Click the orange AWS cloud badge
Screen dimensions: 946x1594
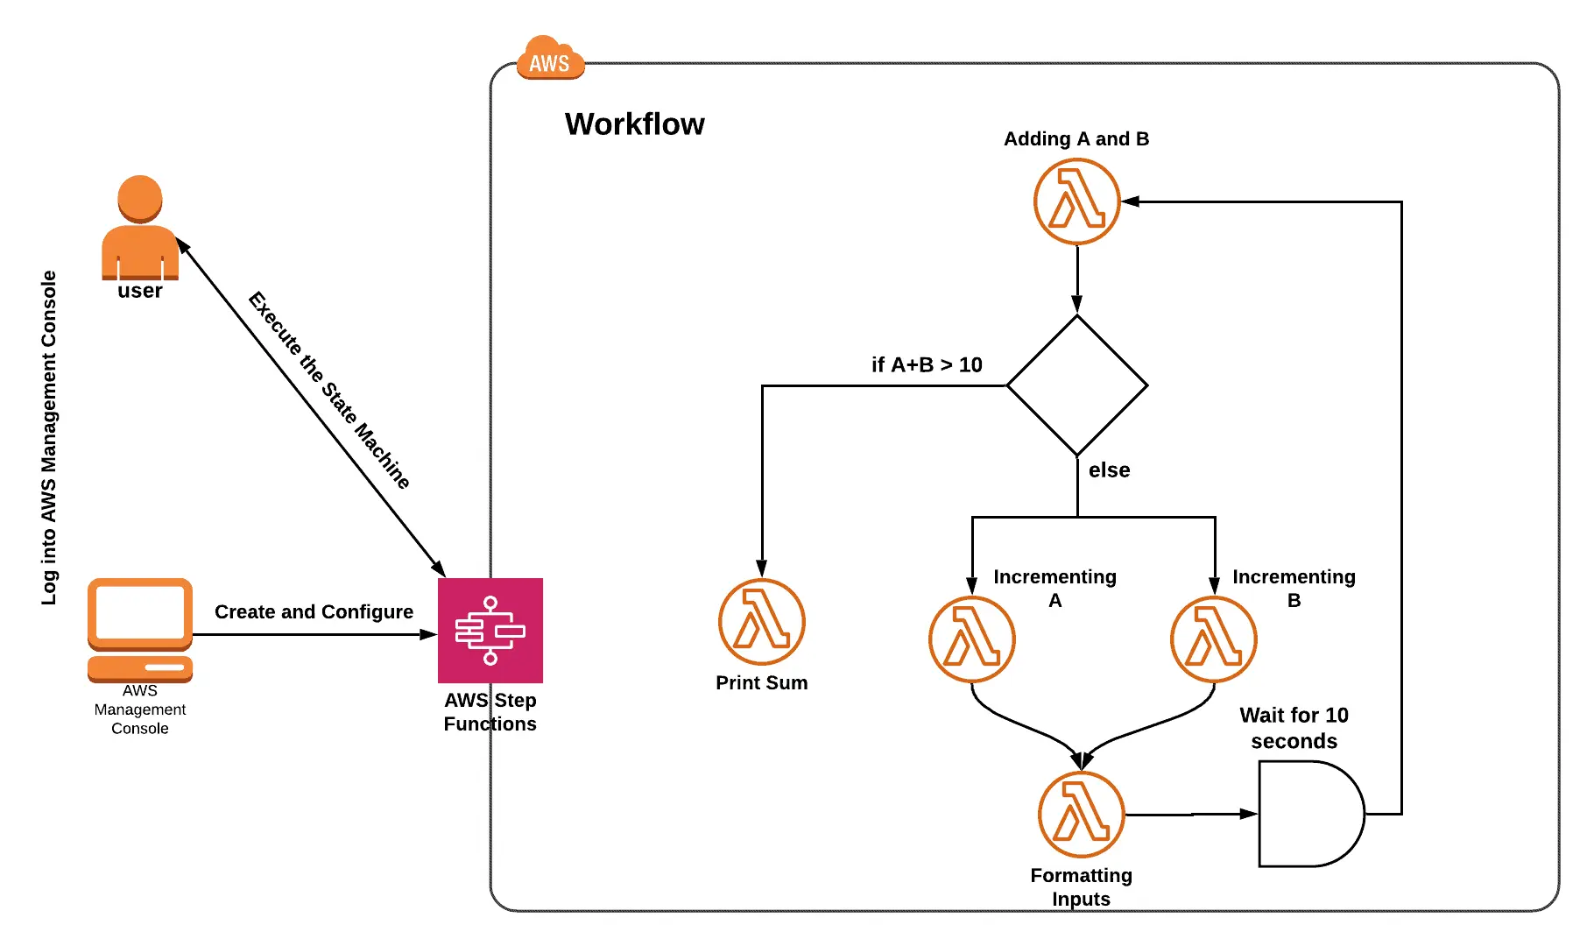(549, 60)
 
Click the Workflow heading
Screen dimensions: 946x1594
(634, 124)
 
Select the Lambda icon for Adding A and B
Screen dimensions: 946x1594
(1076, 201)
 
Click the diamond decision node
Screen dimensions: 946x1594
(1076, 385)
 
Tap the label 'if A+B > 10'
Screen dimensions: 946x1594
(927, 364)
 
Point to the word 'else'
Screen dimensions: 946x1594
(1109, 470)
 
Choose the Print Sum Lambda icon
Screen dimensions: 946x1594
(761, 622)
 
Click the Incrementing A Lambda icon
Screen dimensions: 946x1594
(971, 639)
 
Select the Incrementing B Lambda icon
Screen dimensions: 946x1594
(1213, 639)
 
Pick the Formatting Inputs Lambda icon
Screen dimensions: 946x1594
(1081, 814)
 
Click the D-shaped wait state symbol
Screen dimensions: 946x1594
(1308, 814)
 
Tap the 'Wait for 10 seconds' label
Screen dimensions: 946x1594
(1294, 728)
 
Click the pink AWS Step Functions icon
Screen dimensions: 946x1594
(490, 631)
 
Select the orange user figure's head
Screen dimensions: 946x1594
(140, 198)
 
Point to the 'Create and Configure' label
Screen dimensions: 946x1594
(314, 611)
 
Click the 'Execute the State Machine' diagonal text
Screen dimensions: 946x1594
(329, 389)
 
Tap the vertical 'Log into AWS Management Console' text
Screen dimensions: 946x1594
(49, 438)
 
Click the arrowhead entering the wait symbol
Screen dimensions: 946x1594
(1249, 814)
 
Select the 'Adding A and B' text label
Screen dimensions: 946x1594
(1076, 139)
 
